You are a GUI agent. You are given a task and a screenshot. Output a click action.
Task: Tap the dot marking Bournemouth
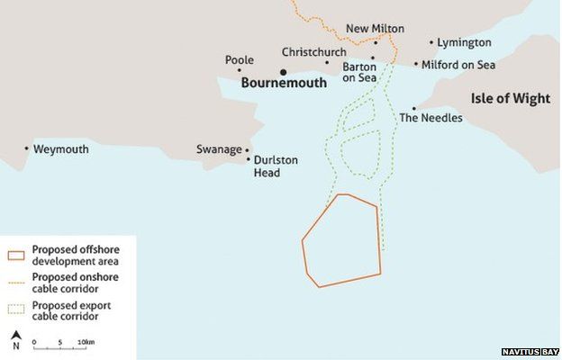[x=283, y=72]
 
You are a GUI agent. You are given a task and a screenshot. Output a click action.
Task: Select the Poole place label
[x=239, y=60]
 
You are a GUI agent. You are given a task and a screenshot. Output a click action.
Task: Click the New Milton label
[x=376, y=30]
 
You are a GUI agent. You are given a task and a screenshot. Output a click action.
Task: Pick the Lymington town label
[x=465, y=42]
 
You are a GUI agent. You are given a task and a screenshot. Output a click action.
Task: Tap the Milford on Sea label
[x=458, y=64]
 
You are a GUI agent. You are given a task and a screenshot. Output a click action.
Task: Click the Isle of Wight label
[x=510, y=99]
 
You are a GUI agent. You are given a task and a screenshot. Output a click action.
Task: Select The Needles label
[x=431, y=118]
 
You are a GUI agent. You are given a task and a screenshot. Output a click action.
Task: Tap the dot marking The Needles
[x=414, y=108]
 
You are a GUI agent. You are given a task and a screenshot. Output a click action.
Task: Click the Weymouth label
[x=60, y=149]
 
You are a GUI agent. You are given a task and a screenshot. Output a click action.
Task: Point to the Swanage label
[x=219, y=149]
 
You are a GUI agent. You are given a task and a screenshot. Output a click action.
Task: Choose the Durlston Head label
[x=276, y=166]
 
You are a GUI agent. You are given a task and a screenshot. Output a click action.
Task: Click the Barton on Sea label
[x=358, y=72]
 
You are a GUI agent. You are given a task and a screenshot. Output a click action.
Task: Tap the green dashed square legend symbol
[x=16, y=310]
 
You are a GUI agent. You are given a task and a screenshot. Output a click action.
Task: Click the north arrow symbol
[x=15, y=339]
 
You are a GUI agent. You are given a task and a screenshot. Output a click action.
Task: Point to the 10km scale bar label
[x=86, y=343]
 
